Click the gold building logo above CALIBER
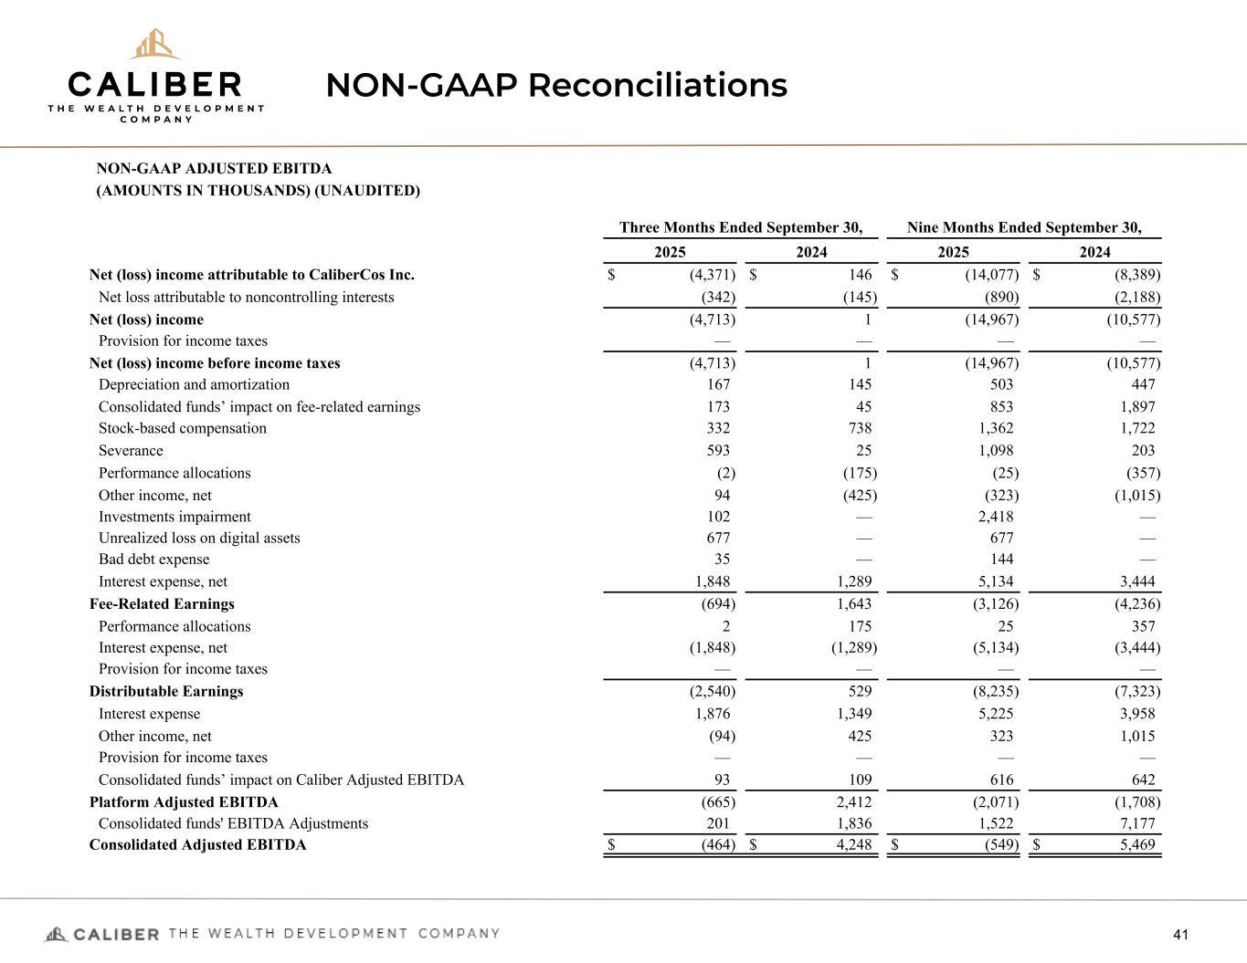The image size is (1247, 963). point(154,45)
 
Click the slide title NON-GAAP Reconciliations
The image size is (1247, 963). point(556,85)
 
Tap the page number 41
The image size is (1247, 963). point(1180,934)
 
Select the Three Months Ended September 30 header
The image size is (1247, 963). point(741,227)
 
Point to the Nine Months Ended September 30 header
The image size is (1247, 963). point(1024,227)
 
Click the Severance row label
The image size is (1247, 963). point(131,451)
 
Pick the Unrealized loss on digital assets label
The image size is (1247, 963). point(199,539)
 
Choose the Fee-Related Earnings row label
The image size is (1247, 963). point(162,604)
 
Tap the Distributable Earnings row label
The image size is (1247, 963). point(166,691)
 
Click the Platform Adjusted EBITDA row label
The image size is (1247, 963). point(184,802)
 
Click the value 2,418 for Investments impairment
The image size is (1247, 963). point(996,517)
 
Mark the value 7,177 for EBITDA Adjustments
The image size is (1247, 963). point(1137,823)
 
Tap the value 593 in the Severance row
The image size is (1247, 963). point(716,451)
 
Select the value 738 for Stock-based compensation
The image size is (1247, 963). point(858,429)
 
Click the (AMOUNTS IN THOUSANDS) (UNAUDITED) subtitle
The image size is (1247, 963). point(259,191)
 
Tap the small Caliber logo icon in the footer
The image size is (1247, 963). point(57,934)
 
